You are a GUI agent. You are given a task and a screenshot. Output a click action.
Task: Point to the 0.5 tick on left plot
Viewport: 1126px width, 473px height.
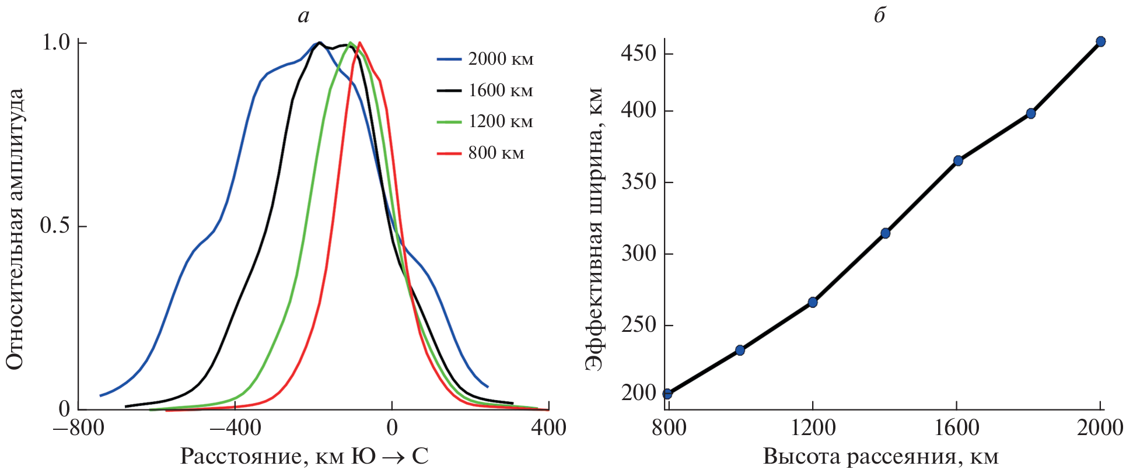[55, 226]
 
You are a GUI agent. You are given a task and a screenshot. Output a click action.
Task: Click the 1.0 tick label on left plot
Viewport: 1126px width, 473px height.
[56, 43]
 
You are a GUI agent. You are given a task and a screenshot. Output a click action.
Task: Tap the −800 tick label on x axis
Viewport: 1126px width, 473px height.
[79, 428]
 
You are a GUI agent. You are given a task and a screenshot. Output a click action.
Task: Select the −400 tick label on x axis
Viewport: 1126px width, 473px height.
[235, 428]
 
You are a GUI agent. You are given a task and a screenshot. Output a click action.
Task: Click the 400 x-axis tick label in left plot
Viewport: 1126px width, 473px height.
[548, 428]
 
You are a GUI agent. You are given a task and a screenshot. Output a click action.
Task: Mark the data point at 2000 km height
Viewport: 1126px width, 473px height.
[1101, 41]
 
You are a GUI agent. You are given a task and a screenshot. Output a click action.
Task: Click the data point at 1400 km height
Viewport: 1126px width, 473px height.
[885, 233]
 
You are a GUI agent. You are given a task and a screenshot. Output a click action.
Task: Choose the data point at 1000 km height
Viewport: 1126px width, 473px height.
[740, 351]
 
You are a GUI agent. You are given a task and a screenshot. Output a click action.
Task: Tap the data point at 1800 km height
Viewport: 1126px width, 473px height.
[1031, 114]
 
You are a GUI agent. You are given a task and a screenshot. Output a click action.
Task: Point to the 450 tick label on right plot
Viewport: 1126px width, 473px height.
[638, 54]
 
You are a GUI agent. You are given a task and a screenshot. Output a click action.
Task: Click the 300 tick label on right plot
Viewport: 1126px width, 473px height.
[638, 254]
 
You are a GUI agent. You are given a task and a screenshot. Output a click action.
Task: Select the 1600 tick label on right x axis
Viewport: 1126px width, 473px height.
[957, 428]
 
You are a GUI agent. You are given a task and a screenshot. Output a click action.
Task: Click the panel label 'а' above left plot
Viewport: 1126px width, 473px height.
[303, 16]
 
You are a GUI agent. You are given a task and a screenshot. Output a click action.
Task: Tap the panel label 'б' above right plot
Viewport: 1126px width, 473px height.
[879, 16]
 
